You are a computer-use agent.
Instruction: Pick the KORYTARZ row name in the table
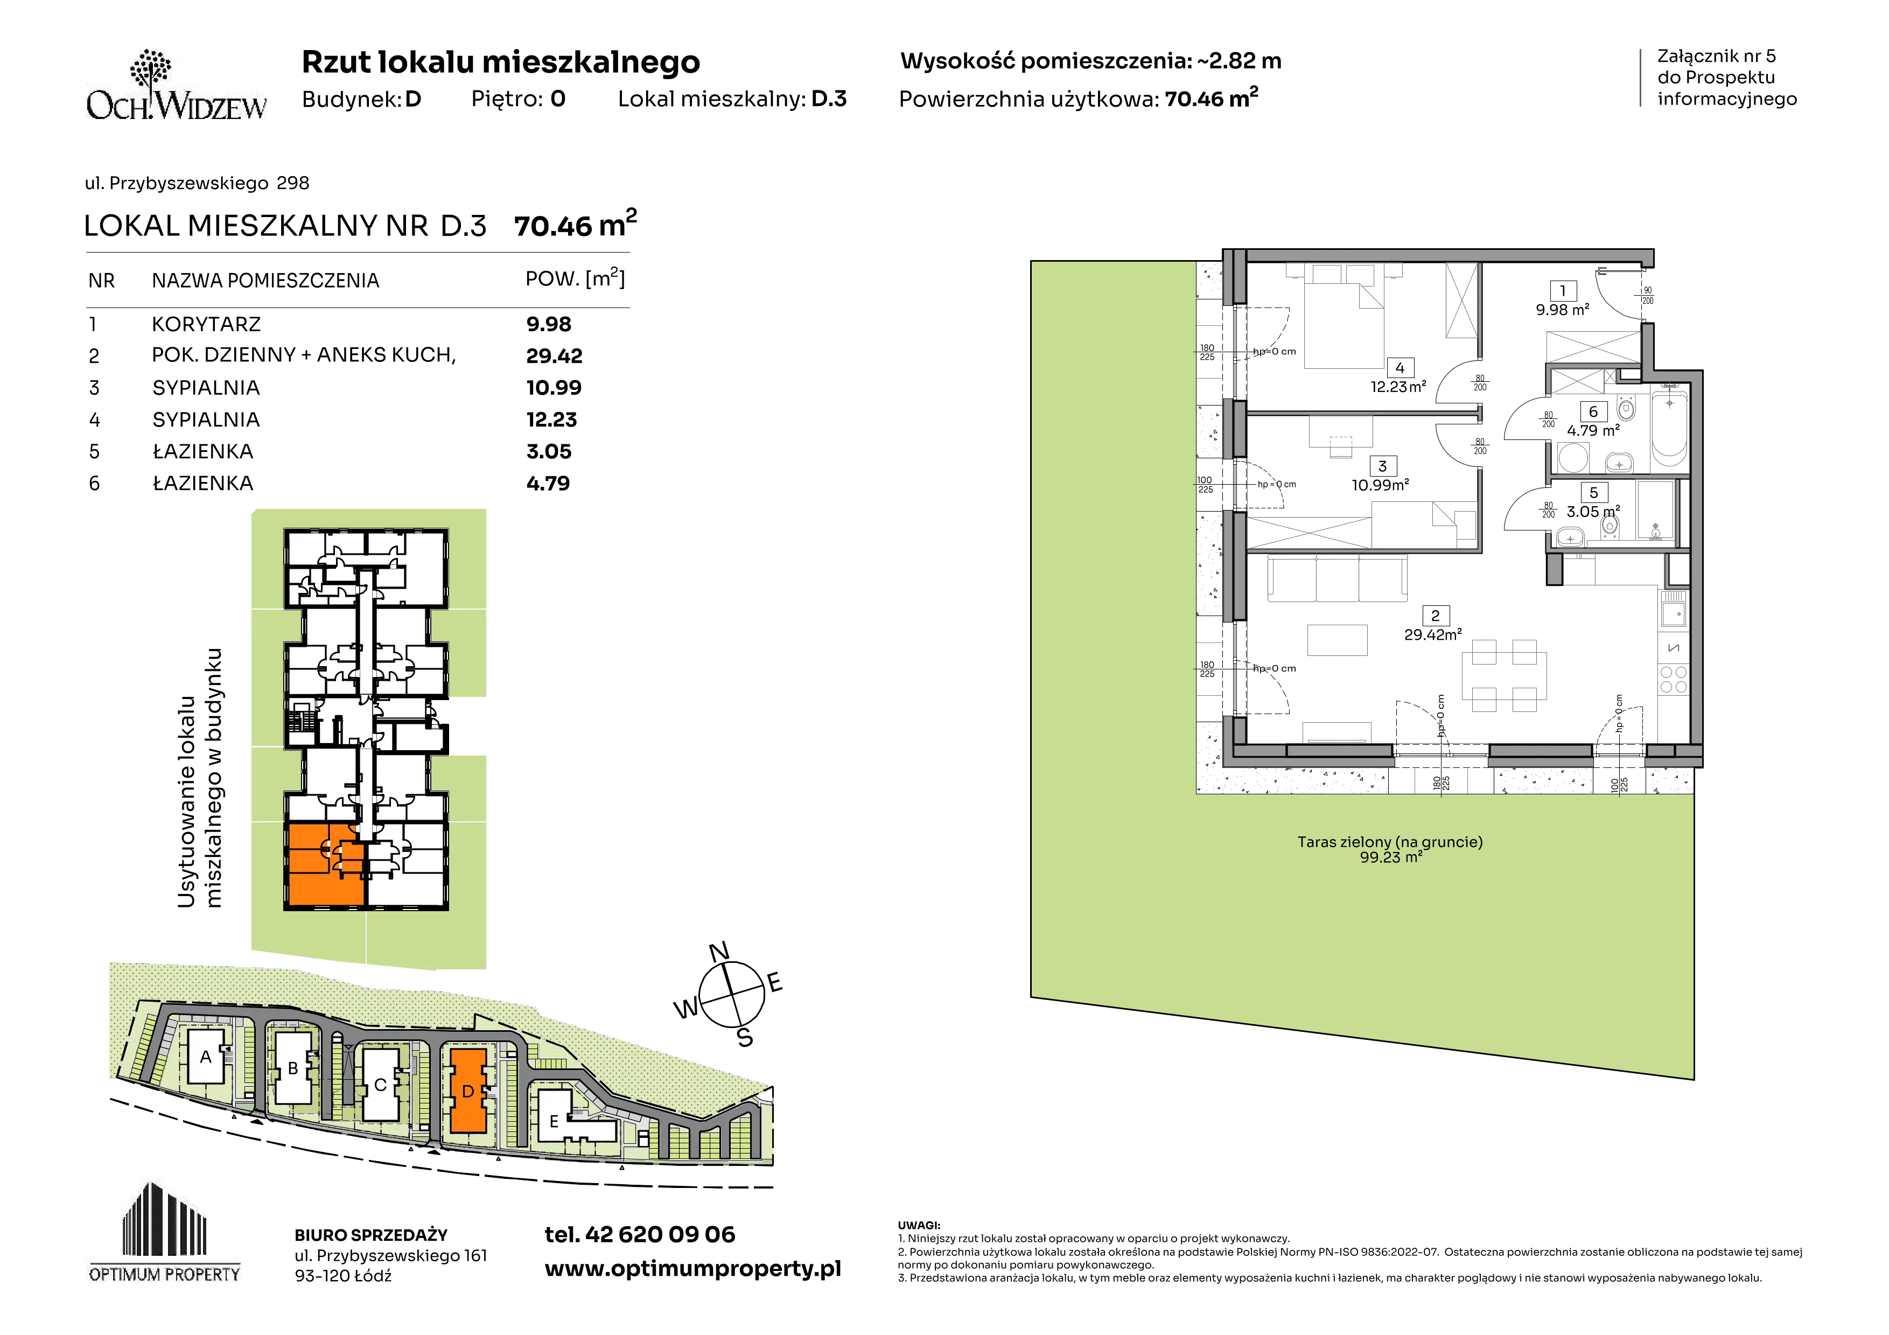[x=206, y=324]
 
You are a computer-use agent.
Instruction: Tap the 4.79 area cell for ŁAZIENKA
[x=548, y=483]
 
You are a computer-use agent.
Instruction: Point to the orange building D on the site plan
[x=467, y=1091]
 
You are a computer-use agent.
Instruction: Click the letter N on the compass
[x=719, y=952]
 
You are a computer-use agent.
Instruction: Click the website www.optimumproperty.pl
[x=692, y=1269]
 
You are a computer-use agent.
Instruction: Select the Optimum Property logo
[x=165, y=1232]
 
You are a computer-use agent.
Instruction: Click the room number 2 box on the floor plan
[x=1436, y=616]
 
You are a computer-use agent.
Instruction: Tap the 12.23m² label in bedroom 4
[x=1398, y=387]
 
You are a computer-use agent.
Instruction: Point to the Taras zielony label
[x=1390, y=842]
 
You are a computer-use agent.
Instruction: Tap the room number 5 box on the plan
[x=1593, y=493]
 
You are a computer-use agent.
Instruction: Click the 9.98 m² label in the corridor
[x=1562, y=310]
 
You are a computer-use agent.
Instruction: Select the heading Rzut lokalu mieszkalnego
[x=501, y=62]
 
